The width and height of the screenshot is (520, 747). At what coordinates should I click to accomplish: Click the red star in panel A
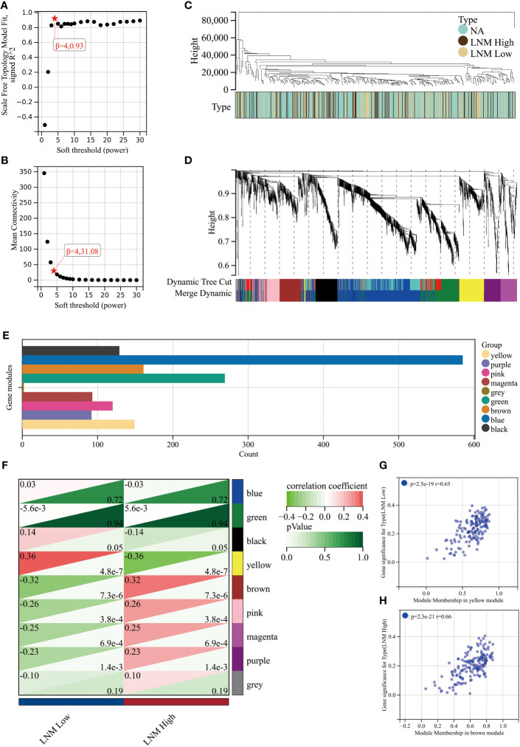point(55,18)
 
